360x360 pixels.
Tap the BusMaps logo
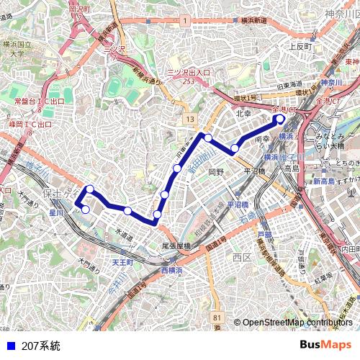tap(325, 346)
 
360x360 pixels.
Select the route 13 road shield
tap(189, 118)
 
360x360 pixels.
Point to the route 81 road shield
tap(217, 317)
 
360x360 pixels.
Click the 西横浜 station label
tap(173, 269)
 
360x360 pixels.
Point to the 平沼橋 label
tap(254, 171)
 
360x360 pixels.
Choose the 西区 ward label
tap(241, 257)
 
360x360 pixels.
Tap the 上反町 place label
tap(299, 46)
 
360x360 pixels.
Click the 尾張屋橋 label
tap(176, 246)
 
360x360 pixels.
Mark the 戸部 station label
tap(265, 235)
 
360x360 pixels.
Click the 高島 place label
tap(291, 168)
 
